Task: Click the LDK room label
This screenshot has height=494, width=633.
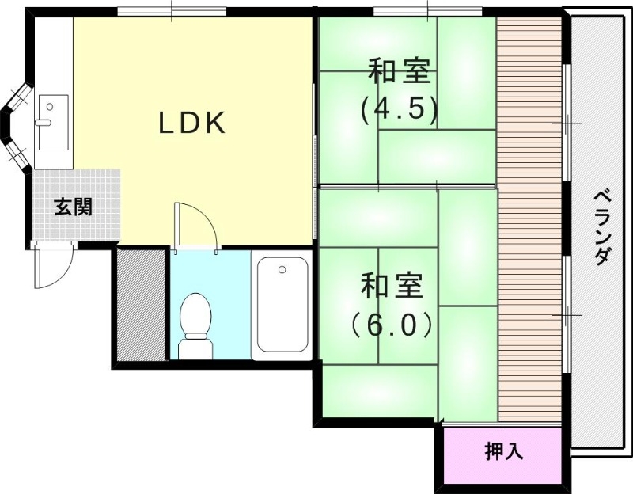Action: tap(193, 123)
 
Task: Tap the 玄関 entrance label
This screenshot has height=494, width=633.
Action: tap(73, 207)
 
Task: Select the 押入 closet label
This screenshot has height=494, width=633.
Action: tap(504, 452)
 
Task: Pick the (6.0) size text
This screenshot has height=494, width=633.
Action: tap(392, 325)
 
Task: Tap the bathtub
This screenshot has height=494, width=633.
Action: tap(282, 305)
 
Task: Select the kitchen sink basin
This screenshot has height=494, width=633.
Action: tap(53, 122)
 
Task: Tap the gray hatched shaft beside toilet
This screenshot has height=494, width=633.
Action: tap(141, 305)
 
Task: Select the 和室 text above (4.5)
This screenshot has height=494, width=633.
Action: tap(400, 72)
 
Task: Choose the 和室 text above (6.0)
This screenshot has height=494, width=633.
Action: tap(392, 286)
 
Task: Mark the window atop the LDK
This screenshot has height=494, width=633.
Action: tap(172, 10)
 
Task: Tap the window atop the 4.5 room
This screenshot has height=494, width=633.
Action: tap(427, 10)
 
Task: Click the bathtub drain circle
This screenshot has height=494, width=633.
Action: tap(282, 270)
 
